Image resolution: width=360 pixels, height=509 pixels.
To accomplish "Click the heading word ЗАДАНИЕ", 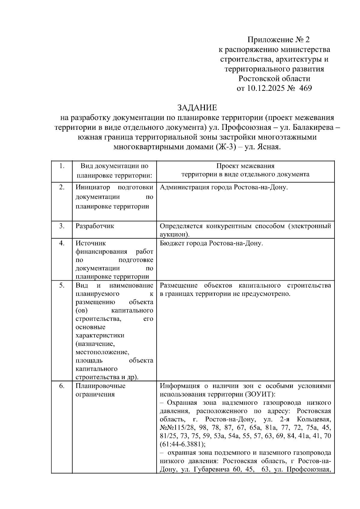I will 197,107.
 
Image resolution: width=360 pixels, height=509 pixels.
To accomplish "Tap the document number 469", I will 305,88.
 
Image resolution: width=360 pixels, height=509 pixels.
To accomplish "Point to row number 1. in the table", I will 61,166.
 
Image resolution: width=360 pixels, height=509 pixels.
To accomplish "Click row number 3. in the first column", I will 61,226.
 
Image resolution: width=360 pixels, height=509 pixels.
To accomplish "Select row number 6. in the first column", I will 61,386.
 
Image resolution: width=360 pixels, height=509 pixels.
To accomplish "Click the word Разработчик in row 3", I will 95,226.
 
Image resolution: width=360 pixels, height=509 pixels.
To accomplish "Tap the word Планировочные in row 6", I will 100,386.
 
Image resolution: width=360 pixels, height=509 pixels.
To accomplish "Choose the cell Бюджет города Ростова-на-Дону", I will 211,243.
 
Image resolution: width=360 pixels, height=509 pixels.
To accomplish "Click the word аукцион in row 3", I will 173,234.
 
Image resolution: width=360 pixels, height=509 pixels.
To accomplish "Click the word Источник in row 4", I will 91,243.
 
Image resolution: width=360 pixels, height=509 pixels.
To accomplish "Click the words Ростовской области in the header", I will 274,79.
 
